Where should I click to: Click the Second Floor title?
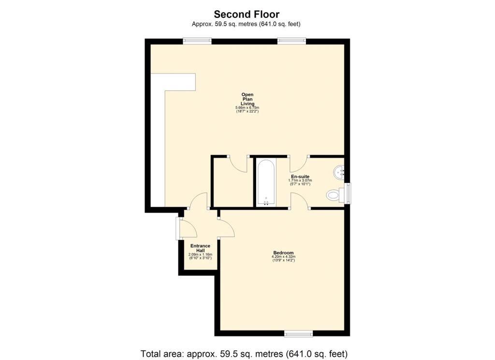[247, 14]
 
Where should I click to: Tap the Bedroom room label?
[283, 253]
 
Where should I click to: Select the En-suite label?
[300, 176]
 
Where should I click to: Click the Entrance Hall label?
[201, 248]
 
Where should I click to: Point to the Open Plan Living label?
[247, 99]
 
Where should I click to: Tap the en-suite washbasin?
[339, 172]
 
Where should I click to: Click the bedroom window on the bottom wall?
[298, 333]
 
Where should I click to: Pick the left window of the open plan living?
[197, 41]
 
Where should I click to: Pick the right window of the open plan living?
[291, 41]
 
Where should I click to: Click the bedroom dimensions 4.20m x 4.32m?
[283, 256]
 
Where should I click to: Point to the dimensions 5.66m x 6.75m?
[247, 108]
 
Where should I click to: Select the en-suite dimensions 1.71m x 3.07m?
[300, 180]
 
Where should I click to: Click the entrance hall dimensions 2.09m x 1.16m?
[201, 255]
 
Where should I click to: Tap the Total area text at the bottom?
[244, 353]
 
